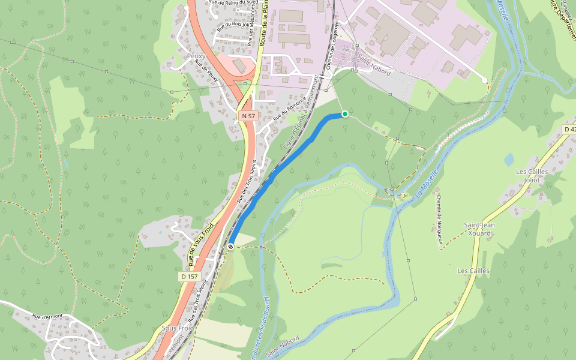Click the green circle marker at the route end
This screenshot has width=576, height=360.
[344, 114]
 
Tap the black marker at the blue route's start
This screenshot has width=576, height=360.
[230, 246]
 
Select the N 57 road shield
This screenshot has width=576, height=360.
[247, 115]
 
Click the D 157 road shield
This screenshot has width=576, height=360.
[189, 277]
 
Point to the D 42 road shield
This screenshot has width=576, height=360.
[569, 130]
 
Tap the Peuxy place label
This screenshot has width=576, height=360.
[196, 56]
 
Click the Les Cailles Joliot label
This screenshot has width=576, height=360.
[528, 175]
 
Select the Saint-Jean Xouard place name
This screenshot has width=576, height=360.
[479, 229]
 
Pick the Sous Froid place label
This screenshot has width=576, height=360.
[178, 329]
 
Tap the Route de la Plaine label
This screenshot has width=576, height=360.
[264, 24]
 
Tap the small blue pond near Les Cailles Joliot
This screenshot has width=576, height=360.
[509, 160]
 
